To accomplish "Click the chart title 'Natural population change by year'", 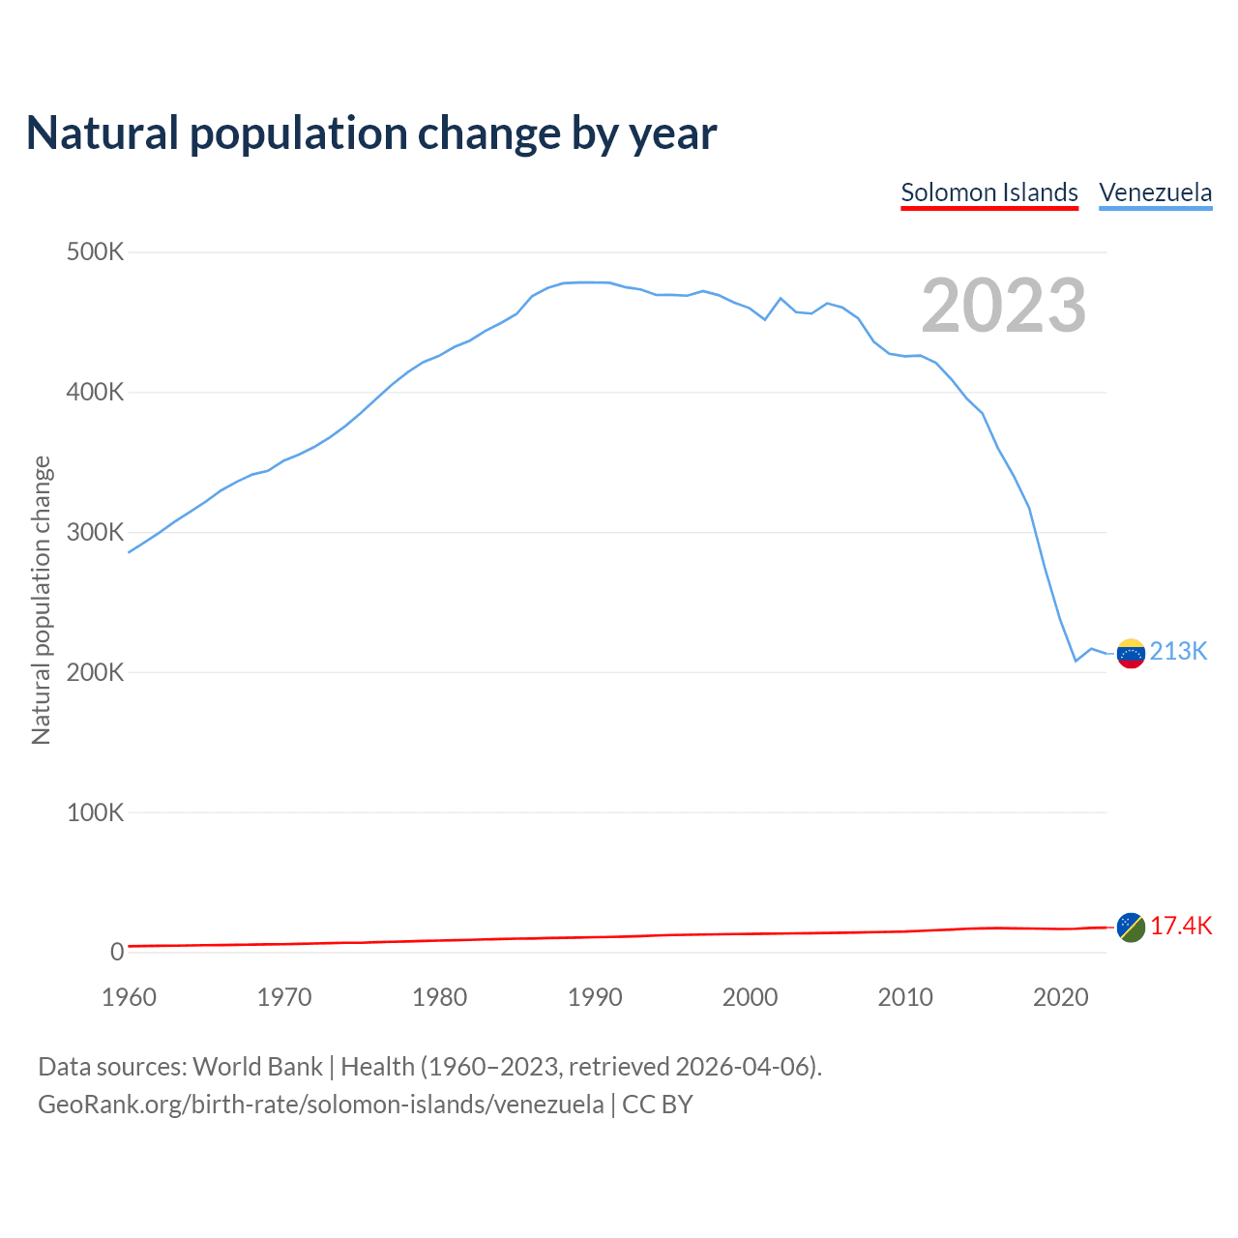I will pyautogui.click(x=371, y=133).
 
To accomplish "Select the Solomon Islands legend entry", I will pyautogui.click(x=988, y=192).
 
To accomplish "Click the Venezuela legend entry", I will pyautogui.click(x=1155, y=192).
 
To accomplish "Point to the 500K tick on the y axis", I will pyautogui.click(x=96, y=252).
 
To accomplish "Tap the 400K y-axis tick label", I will pyautogui.click(x=96, y=393).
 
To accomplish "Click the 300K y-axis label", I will pyautogui.click(x=96, y=533).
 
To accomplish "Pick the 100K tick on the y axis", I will pyautogui.click(x=96, y=812).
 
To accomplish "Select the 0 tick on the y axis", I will pyautogui.click(x=117, y=952).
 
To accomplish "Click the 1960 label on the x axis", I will pyautogui.click(x=129, y=997).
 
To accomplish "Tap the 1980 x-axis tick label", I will pyautogui.click(x=439, y=997).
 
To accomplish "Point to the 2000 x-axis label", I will pyautogui.click(x=750, y=997).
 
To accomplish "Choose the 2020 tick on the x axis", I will pyautogui.click(x=1060, y=997).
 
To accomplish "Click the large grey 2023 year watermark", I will pyautogui.click(x=1003, y=306).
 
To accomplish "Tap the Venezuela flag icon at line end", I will pyautogui.click(x=1131, y=653).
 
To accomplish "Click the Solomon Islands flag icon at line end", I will pyautogui.click(x=1131, y=927).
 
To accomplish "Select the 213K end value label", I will pyautogui.click(x=1178, y=652).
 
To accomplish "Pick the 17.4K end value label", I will pyautogui.click(x=1181, y=927).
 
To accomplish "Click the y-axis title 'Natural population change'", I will pyautogui.click(x=42, y=600).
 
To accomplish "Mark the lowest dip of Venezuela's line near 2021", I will pyautogui.click(x=1075, y=661).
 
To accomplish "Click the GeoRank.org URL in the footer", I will pyautogui.click(x=320, y=1105).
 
